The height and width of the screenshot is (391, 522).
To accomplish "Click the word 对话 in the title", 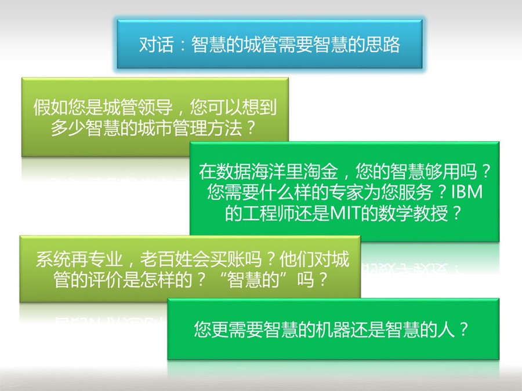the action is (157, 44).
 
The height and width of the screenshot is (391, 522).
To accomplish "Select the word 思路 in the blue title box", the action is (383, 44).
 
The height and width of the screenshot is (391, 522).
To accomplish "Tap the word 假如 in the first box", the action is (50, 107).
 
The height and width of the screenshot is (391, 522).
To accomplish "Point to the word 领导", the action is (155, 107).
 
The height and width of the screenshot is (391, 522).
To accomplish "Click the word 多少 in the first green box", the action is (68, 127).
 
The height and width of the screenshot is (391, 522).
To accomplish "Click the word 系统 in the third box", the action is (53, 259).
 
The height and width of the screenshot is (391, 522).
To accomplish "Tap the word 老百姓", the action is (166, 259).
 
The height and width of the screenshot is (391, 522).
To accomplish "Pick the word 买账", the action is (227, 259).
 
